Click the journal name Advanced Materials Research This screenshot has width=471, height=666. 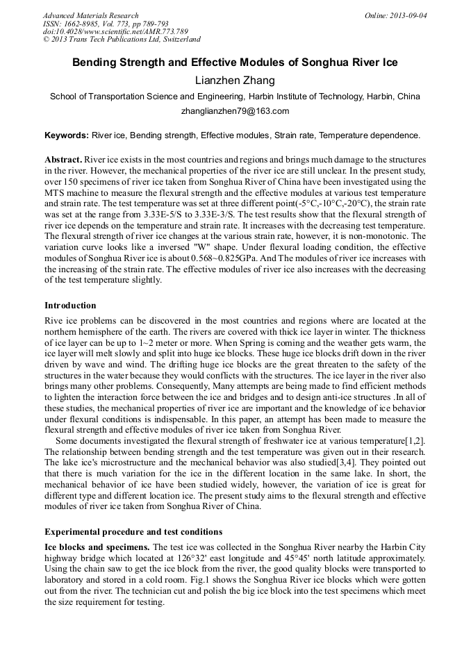91,15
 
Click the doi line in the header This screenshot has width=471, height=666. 115,31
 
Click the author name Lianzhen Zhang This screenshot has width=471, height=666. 235,81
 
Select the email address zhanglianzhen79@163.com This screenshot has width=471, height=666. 235,111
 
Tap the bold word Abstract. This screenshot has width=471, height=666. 63,159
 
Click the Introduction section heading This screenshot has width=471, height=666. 70,306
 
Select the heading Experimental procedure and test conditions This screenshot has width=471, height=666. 133,532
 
